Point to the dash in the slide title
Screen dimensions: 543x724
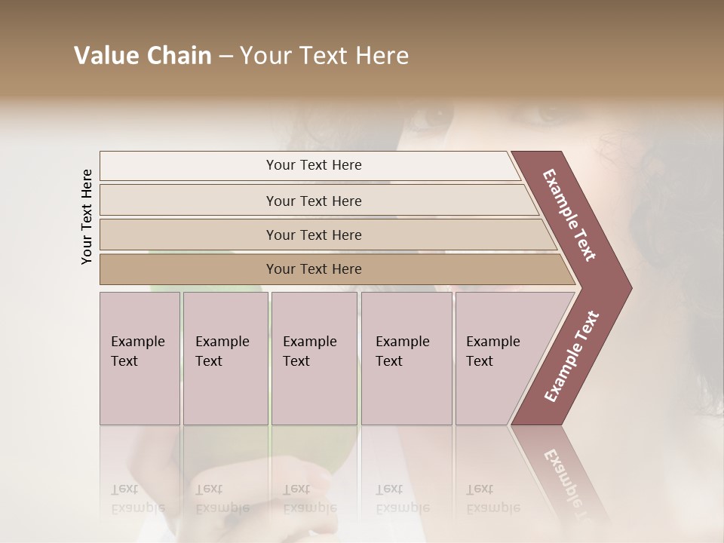(x=225, y=57)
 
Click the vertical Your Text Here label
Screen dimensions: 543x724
(x=87, y=216)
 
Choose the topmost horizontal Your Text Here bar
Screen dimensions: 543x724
(x=314, y=165)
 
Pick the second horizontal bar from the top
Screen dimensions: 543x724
(x=314, y=201)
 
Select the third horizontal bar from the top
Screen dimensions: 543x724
(x=314, y=235)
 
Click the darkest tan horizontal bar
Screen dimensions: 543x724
(x=314, y=269)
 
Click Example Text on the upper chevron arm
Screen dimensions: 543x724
(x=569, y=215)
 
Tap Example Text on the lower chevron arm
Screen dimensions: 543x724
(x=572, y=357)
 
